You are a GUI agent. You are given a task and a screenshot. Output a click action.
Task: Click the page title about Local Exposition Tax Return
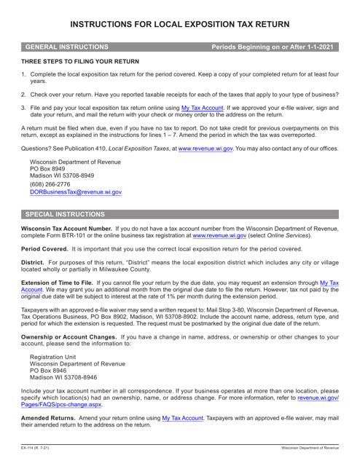[179, 15]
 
